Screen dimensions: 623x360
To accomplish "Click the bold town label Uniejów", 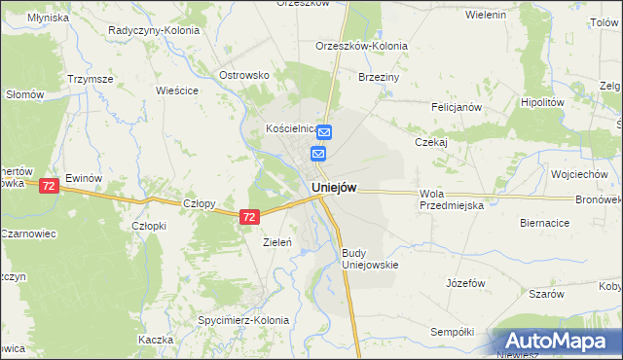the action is (334, 188).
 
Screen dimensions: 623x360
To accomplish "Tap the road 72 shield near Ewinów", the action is (49, 185).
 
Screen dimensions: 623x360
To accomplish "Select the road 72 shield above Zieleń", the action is (250, 218).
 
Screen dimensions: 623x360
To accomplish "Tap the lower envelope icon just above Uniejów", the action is (319, 154).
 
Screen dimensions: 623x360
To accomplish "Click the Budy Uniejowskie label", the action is (369, 258).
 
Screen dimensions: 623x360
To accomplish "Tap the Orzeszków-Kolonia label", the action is (361, 46).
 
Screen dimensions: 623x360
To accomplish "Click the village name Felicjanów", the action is (457, 107).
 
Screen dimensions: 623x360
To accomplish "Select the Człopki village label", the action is (151, 225).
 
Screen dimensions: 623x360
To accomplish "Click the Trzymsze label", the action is (90, 79).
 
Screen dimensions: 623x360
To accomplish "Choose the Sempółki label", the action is (452, 332).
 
